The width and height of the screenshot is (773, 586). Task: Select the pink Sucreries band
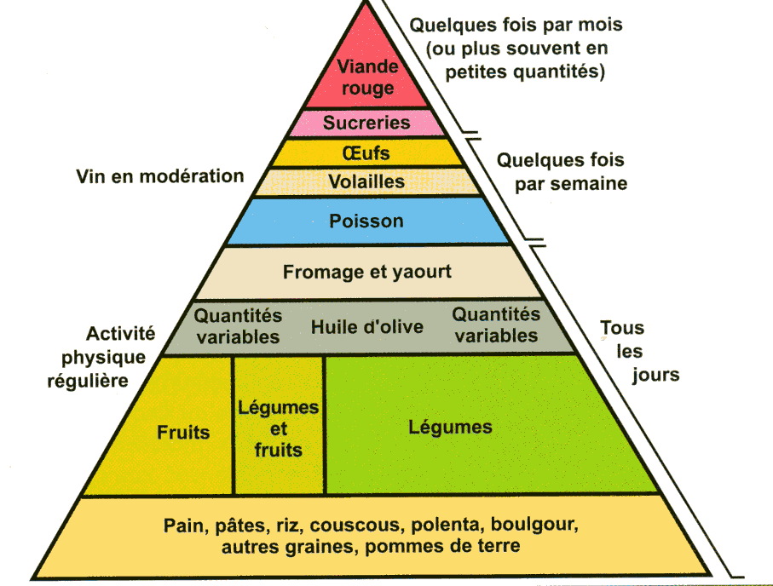point(366,123)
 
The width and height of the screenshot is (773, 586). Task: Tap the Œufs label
point(366,153)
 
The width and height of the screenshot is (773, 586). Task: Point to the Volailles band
point(366,181)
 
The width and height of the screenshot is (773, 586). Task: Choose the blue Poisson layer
point(366,221)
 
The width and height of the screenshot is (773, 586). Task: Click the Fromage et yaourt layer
point(366,273)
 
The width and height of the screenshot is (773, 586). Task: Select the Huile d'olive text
point(366,326)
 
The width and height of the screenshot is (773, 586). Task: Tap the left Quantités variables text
point(238,326)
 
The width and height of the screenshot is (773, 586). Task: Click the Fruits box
point(183,432)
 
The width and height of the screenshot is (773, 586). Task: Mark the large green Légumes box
point(449,426)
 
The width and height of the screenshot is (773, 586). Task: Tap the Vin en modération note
point(159,176)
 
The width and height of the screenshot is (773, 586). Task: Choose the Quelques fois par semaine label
point(561,171)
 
